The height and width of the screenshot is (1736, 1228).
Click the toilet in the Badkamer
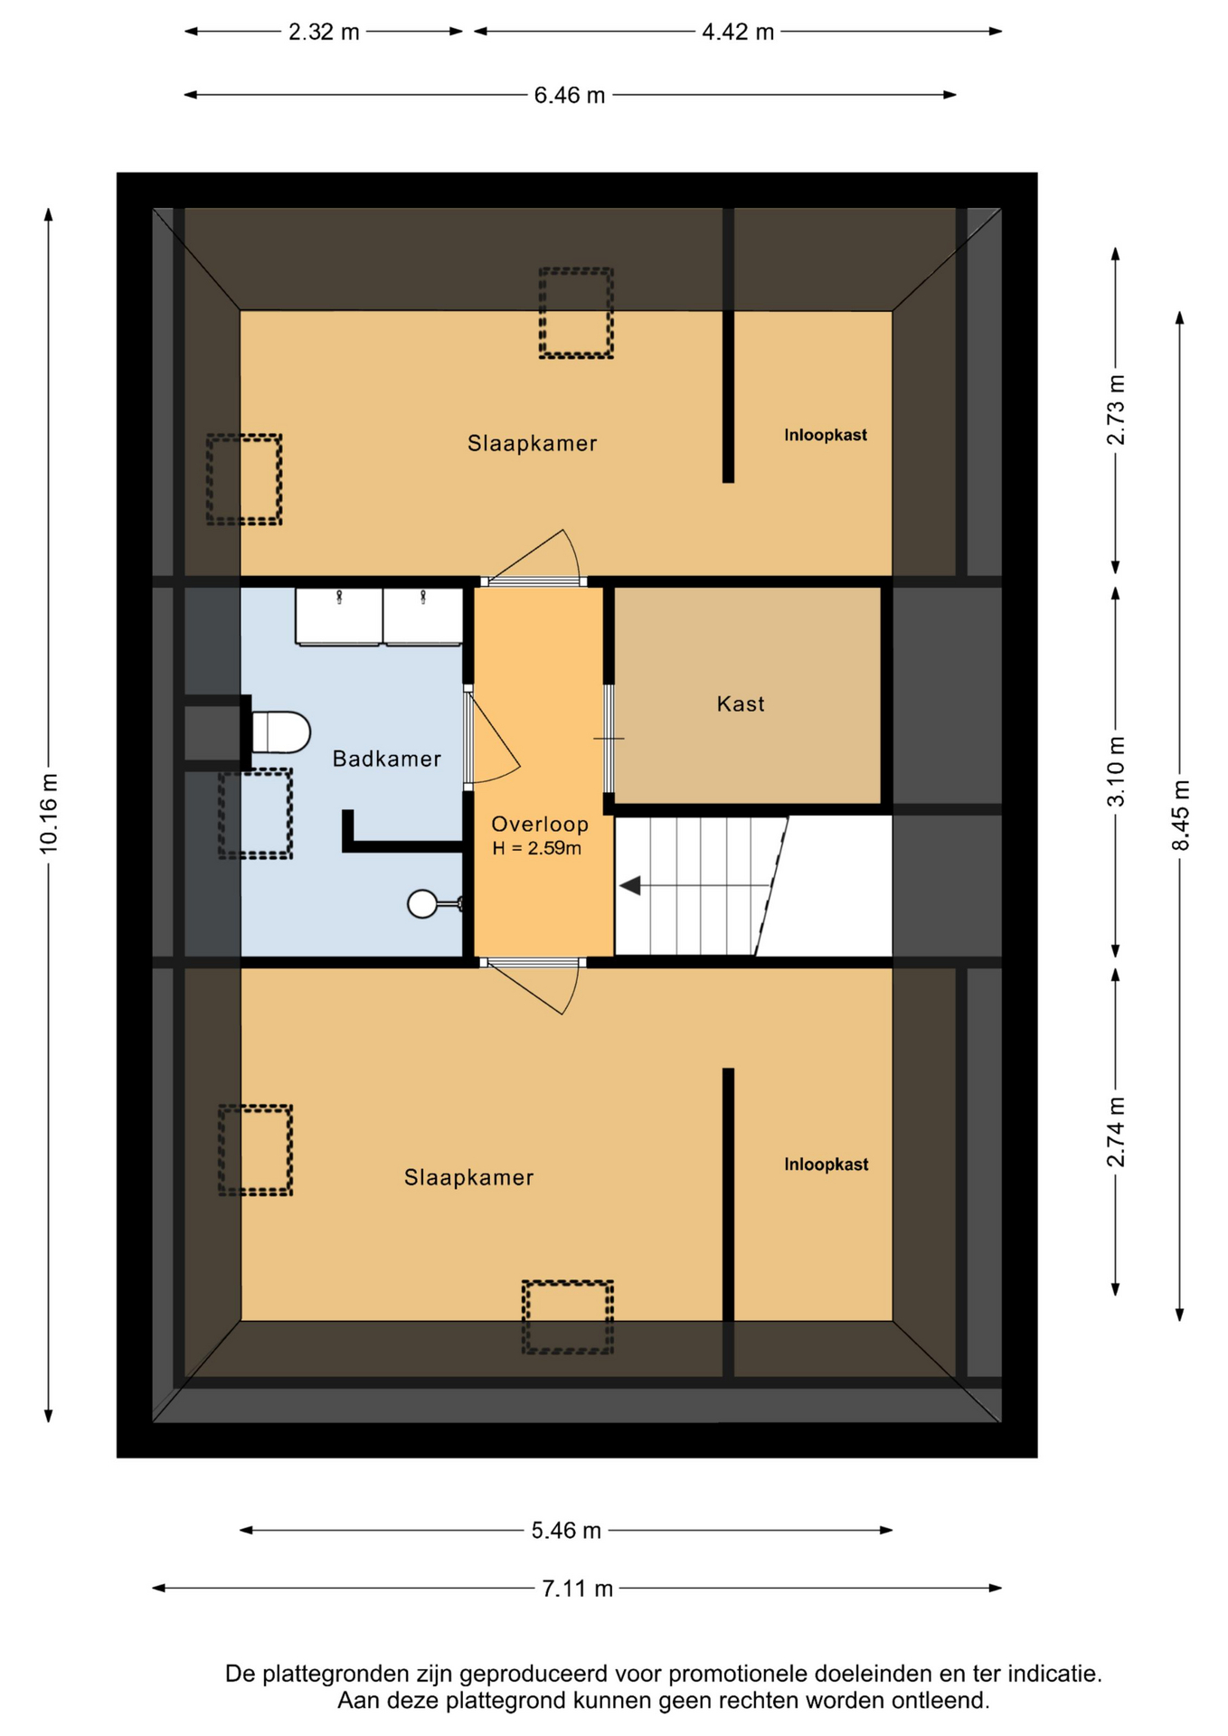280,732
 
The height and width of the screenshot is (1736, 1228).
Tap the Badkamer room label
386,759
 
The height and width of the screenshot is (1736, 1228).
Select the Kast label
741,703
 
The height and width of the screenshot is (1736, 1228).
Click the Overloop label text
540,824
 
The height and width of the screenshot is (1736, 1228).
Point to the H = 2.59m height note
537,848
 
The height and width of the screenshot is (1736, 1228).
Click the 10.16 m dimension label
49,813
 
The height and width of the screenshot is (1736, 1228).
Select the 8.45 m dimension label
1180,815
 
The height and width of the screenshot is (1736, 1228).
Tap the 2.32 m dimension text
324,33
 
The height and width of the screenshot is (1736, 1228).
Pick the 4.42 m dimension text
738,33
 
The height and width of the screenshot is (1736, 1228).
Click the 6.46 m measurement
570,95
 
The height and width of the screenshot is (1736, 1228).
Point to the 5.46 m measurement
566,1530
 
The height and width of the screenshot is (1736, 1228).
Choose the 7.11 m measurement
578,1588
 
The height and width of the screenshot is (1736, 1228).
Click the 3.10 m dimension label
1117,771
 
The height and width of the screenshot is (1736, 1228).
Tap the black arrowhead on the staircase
630,886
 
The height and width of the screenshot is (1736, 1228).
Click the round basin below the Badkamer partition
422,903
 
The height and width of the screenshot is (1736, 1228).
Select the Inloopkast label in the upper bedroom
826,435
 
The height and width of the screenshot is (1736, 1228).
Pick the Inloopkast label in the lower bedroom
827,1165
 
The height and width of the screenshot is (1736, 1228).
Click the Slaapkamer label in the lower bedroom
468,1177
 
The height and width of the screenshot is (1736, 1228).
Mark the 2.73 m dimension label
1117,410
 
